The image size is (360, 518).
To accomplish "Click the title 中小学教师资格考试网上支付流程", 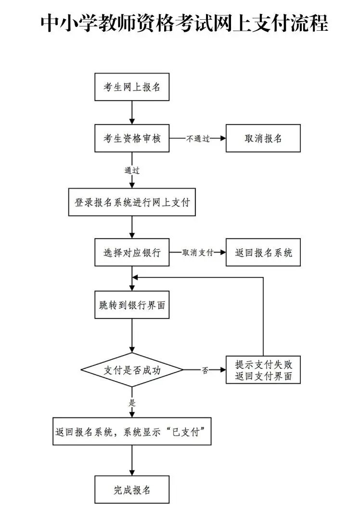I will pos(184,23).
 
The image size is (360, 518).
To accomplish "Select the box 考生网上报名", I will pos(132,88).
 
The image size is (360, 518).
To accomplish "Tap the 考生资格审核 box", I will pos(132,139).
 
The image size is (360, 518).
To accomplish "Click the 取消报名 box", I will pos(263,139).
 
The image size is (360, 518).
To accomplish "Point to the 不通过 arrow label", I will pos(198,139).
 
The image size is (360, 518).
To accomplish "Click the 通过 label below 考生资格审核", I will pos(132,170).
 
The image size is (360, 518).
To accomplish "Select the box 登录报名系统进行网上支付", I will pos(132,202).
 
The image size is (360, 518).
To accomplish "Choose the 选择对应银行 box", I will pos(132,253).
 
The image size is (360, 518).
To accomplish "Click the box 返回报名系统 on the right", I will pos(263,253).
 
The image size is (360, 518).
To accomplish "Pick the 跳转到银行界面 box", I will pos(132,305).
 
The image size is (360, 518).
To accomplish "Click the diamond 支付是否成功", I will pos(132,370).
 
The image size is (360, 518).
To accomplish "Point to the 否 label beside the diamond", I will pos(205,370).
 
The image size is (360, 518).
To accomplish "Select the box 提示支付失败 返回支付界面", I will pos(263,370).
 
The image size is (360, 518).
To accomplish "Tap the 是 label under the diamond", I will pos(132,403).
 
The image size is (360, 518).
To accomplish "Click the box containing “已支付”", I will pos(132,431).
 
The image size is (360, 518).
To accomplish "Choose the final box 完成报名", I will pos(132,490).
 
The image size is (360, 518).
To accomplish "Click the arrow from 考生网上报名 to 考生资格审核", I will pos(132,113).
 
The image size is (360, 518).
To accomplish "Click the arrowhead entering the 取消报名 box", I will pos(222,139).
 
